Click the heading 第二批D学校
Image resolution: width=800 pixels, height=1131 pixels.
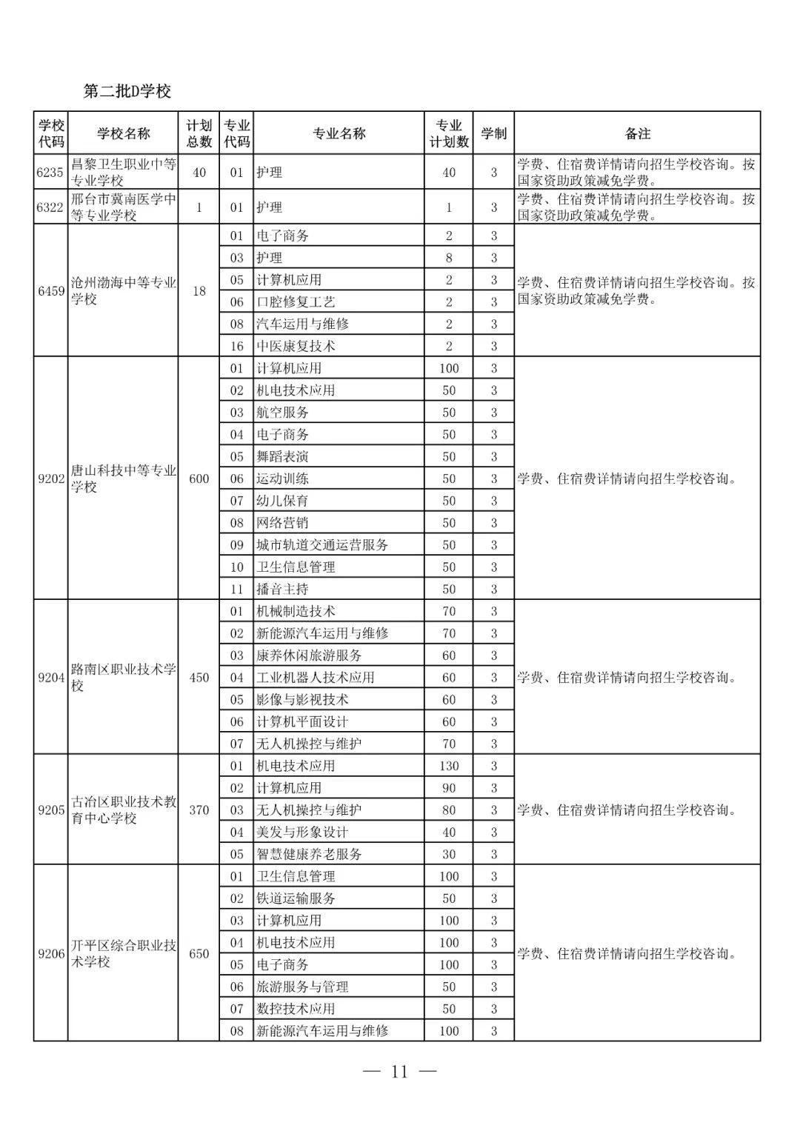pyautogui.click(x=127, y=91)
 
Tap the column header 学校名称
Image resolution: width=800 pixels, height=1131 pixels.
pyautogui.click(x=123, y=133)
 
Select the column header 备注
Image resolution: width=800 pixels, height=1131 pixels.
pyautogui.click(x=637, y=133)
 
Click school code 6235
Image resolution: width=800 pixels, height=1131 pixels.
pyautogui.click(x=50, y=172)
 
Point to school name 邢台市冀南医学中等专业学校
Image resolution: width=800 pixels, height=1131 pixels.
pyautogui.click(x=123, y=207)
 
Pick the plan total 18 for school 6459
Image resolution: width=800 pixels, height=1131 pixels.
pyautogui.click(x=199, y=290)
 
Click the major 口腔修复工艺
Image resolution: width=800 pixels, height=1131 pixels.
pyautogui.click(x=296, y=301)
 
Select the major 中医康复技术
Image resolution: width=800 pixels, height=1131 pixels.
pyautogui.click(x=296, y=346)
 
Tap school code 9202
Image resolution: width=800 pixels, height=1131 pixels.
pyautogui.click(x=51, y=478)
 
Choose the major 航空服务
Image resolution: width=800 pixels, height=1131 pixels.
pyautogui.click(x=282, y=413)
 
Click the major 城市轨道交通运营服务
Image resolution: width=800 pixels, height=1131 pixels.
pyautogui.click(x=322, y=545)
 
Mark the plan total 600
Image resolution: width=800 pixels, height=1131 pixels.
pyautogui.click(x=199, y=478)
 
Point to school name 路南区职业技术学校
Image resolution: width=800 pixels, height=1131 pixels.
pyautogui.click(x=123, y=677)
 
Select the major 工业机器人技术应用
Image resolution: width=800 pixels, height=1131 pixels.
pyautogui.click(x=316, y=677)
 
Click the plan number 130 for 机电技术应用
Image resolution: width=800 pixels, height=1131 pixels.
pyautogui.click(x=449, y=766)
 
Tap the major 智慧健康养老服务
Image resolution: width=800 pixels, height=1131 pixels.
pyautogui.click(x=309, y=854)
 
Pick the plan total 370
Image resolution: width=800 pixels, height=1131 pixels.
pyautogui.click(x=199, y=810)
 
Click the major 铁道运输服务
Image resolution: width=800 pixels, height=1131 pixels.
pyautogui.click(x=296, y=898)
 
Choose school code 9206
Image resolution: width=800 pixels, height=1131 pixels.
pyautogui.click(x=51, y=953)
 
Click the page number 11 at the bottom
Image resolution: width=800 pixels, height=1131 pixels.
pyautogui.click(x=400, y=1072)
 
